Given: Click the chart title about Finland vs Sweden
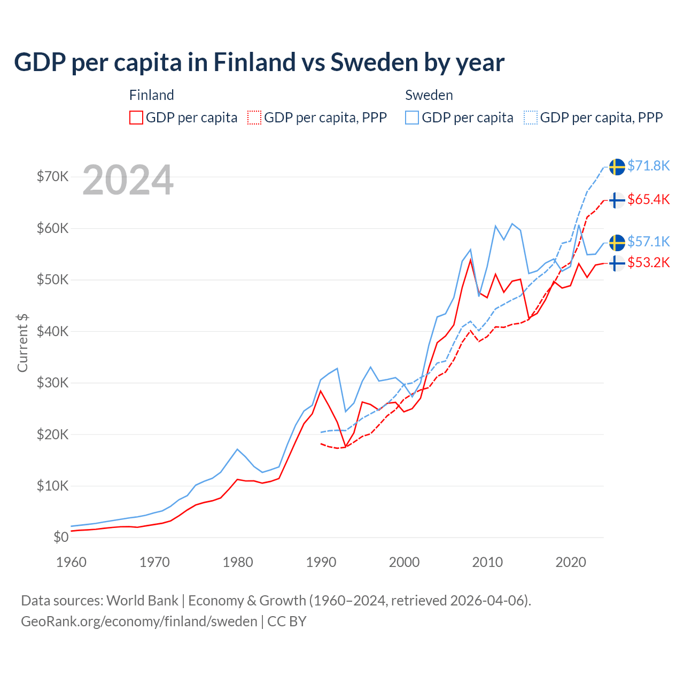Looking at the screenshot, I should pyautogui.click(x=259, y=63).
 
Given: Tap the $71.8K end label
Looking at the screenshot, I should pyautogui.click(x=648, y=166).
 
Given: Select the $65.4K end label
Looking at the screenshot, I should pyautogui.click(x=648, y=199).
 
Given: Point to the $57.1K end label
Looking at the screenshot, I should pyautogui.click(x=648, y=242).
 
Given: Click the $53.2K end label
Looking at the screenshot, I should pyautogui.click(x=648, y=262).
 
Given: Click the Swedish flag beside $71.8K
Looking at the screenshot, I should pyautogui.click(x=617, y=167).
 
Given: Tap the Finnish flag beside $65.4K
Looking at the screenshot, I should pyautogui.click(x=617, y=200).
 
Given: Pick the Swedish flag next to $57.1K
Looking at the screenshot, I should pyautogui.click(x=617, y=243).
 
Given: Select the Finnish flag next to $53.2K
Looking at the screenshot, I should pyautogui.click(x=617, y=263).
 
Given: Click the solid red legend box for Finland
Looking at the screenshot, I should pyautogui.click(x=136, y=118).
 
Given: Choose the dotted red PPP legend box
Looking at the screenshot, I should pyautogui.click(x=254, y=118).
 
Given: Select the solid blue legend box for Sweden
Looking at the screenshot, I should pyautogui.click(x=412, y=118).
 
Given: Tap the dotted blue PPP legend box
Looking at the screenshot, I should pyautogui.click(x=531, y=118).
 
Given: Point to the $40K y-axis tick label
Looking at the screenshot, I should pyautogui.click(x=52, y=331).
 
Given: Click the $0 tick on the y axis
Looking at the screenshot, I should pyautogui.click(x=61, y=537).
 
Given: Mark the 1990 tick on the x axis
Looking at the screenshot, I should pyautogui.click(x=321, y=562).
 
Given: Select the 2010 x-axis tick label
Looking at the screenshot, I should pyautogui.click(x=487, y=562).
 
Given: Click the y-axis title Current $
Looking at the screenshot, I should pyautogui.click(x=22, y=343).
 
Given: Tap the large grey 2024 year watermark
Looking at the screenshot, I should pyautogui.click(x=128, y=180).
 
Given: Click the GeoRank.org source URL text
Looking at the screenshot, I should pyautogui.click(x=139, y=621).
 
